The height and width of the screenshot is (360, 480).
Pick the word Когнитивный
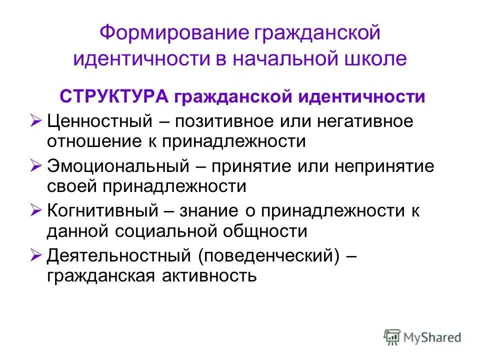(102, 211)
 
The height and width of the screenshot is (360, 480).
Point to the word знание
(215, 211)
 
